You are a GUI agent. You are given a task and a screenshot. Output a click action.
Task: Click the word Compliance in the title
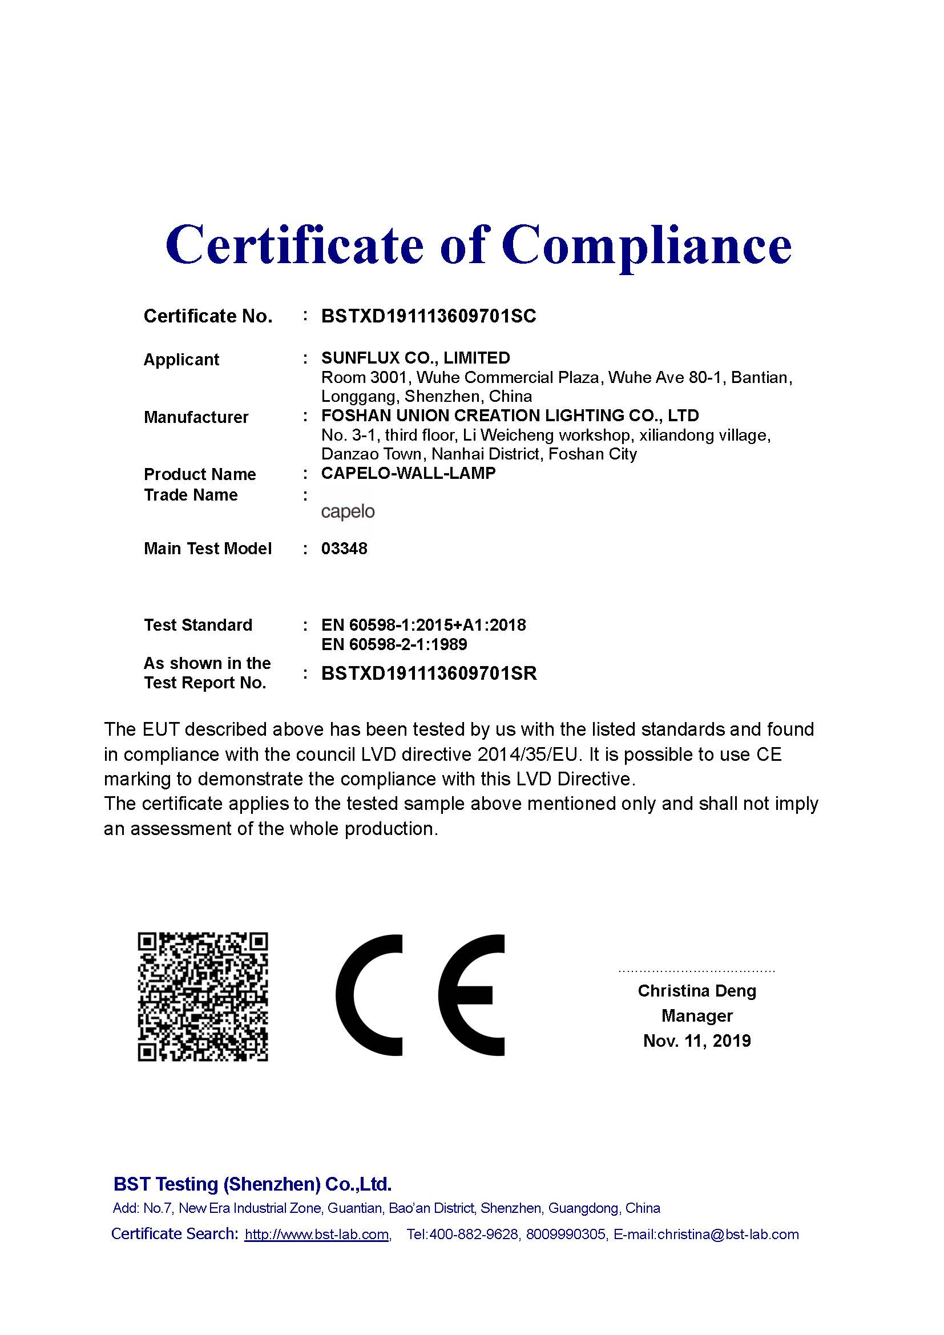coord(647,245)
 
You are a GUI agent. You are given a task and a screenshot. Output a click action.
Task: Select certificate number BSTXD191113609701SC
coord(429,316)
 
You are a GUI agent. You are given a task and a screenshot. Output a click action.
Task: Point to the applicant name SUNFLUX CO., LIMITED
coord(415,358)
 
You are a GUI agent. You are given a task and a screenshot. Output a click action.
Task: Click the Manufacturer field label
coord(196,417)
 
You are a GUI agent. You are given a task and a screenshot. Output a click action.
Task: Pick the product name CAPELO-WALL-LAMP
coord(408,473)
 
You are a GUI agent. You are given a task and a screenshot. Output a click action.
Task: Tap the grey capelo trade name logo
coord(348,511)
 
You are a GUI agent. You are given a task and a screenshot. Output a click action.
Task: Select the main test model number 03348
coord(344,548)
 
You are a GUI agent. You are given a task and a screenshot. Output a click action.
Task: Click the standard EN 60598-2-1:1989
coord(394,644)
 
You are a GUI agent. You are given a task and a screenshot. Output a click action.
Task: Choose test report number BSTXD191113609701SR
coord(429,673)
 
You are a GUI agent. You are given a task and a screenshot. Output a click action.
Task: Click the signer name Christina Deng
coord(696,991)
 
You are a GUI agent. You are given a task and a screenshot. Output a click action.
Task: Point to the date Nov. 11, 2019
coord(696,1041)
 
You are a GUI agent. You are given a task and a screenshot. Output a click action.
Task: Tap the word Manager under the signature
coord(696,1016)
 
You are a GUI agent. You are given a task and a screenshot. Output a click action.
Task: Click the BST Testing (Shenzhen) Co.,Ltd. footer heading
coord(252,1184)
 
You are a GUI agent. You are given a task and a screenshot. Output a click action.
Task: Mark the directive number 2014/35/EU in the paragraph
coord(529,755)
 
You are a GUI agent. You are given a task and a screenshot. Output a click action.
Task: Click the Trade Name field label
coord(191,495)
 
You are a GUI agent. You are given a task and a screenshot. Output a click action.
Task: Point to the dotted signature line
coord(696,971)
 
